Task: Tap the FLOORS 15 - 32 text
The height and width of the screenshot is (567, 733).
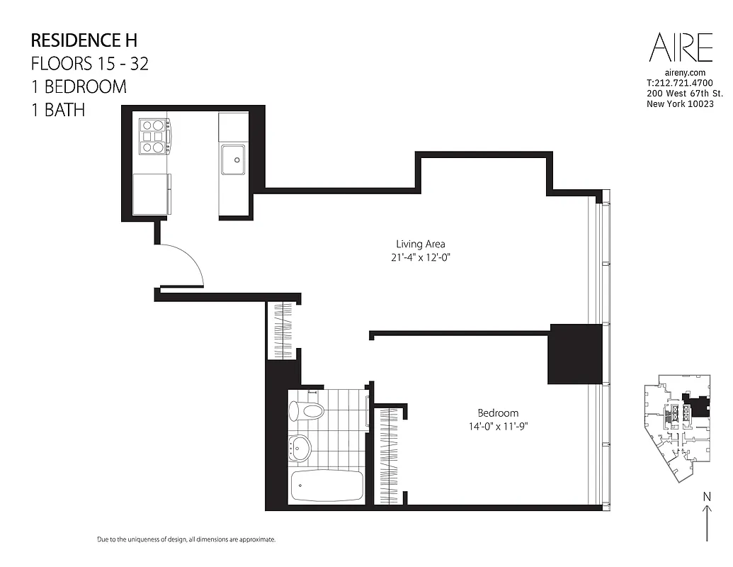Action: point(89,63)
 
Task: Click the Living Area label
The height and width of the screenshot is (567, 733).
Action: point(420,245)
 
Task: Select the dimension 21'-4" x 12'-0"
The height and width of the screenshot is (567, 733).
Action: point(420,258)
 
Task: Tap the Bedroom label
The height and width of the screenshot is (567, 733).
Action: point(497,412)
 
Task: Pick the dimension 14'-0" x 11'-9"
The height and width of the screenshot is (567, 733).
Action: point(497,426)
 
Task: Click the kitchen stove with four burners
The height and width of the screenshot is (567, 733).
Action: point(154,137)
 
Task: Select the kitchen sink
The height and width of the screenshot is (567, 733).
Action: point(232,159)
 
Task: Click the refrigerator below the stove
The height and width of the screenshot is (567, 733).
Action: point(152,193)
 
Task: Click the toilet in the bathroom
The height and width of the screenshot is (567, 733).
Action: point(307,410)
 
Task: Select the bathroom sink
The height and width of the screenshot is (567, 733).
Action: point(300,447)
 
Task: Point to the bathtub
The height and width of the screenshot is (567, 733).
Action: point(326,485)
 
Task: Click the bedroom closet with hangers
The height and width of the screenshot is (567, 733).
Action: point(387,456)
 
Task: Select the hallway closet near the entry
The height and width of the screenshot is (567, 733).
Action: point(283,330)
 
